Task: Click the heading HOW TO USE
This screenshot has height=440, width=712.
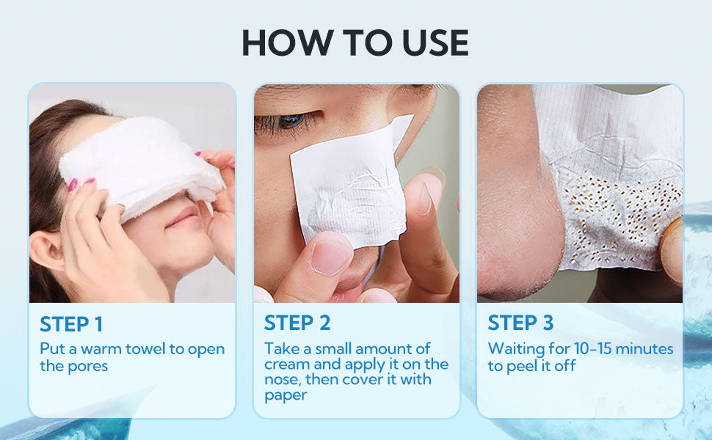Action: [x=355, y=43]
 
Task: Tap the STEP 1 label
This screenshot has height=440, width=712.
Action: [x=71, y=324]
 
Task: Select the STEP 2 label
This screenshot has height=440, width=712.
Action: [x=297, y=323]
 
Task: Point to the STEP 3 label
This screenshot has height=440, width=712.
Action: [x=520, y=323]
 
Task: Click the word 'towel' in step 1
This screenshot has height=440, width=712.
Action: [x=145, y=349]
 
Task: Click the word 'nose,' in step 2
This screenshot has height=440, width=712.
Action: [x=283, y=380]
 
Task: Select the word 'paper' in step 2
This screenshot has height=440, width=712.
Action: [x=286, y=395]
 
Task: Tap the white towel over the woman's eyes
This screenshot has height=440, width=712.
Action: [x=141, y=166]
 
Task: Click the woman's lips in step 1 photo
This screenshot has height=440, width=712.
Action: [x=183, y=219]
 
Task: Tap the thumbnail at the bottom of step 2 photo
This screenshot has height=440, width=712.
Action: [x=330, y=257]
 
